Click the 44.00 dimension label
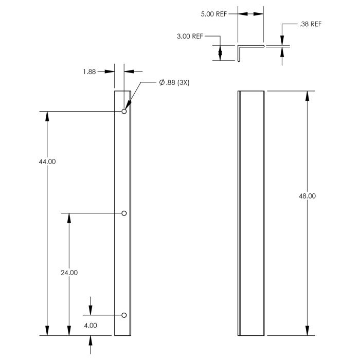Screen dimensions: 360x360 click(47, 161)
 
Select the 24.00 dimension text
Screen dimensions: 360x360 click(69, 273)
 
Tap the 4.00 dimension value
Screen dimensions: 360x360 click(91, 326)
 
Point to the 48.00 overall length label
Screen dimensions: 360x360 click(307, 196)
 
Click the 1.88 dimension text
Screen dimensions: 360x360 click(89, 71)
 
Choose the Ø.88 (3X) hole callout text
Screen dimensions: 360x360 click(174, 82)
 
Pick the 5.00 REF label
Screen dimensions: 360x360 click(214, 14)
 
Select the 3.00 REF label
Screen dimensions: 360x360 click(190, 37)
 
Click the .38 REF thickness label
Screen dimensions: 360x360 click(311, 24)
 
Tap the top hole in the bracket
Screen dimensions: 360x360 click(124, 112)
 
